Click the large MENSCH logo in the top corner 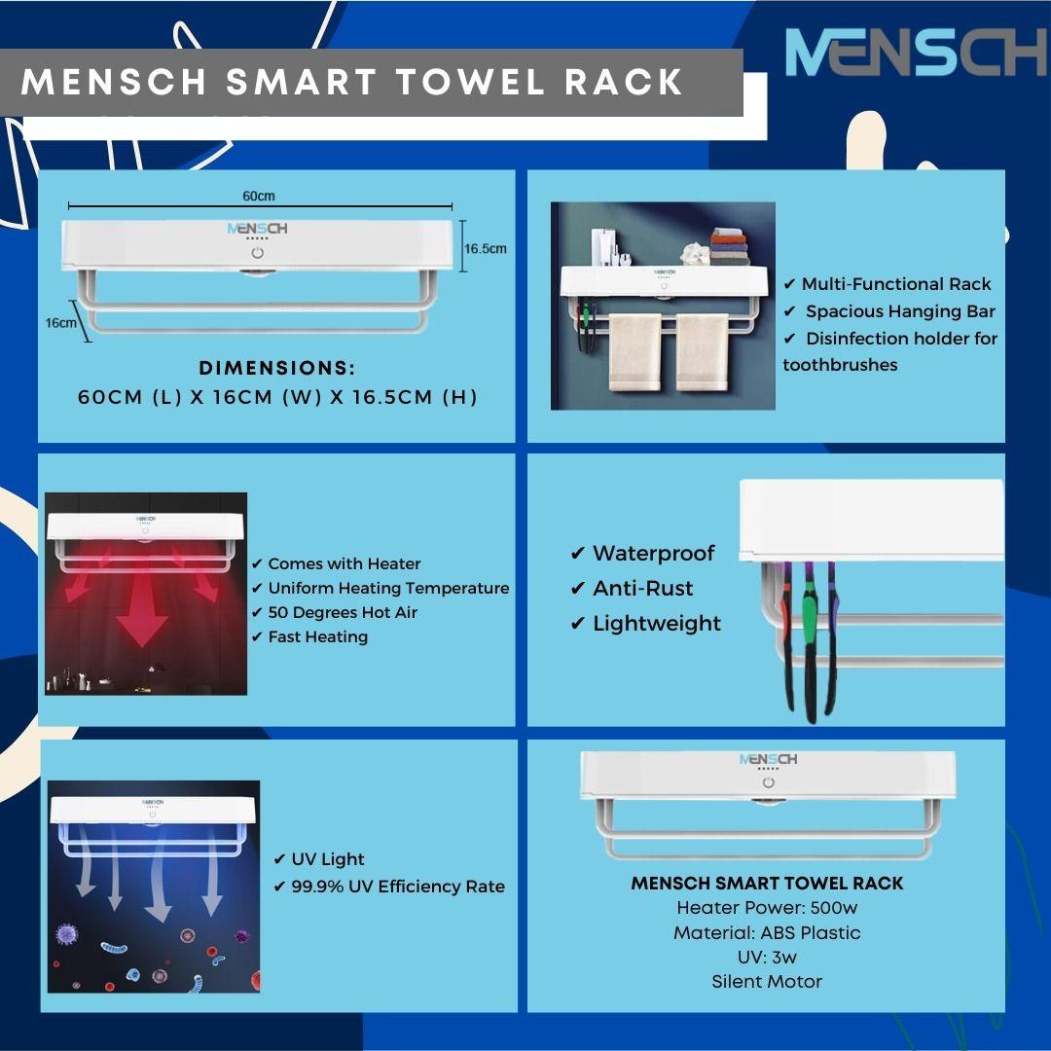(x=915, y=53)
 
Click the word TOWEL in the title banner (x=475, y=83)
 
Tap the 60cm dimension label (x=258, y=196)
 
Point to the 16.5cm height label (x=485, y=249)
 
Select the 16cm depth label (x=60, y=322)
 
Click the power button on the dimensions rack (x=258, y=253)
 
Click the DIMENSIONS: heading (x=277, y=369)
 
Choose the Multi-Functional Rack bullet (x=895, y=284)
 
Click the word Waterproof (x=653, y=554)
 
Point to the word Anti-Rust (x=642, y=589)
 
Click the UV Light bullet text (x=328, y=859)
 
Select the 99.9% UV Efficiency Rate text (x=398, y=887)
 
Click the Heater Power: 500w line (x=767, y=908)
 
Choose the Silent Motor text (x=767, y=982)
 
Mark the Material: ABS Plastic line (x=767, y=932)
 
